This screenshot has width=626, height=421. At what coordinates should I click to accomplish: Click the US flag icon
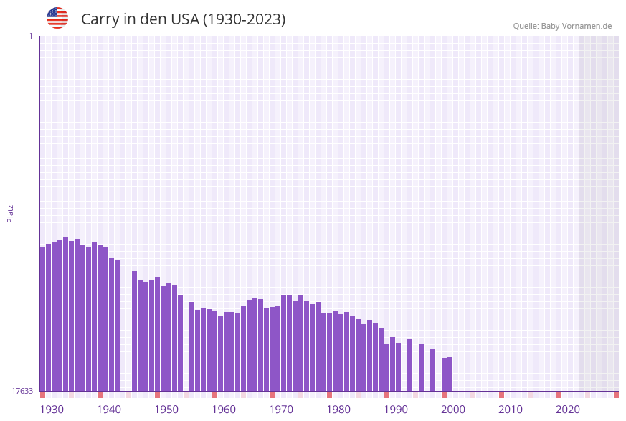tap(57, 18)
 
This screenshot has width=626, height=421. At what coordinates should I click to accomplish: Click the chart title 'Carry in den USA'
tap(183, 19)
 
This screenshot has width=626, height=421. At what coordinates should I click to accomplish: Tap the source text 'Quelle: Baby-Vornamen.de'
tap(562, 26)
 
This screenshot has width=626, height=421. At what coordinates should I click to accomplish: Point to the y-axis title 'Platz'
tap(11, 213)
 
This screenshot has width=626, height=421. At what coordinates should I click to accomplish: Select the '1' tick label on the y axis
tap(30, 36)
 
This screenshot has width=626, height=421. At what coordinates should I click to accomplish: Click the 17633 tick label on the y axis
tap(22, 391)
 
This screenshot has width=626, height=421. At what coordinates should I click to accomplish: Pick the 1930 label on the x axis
tap(52, 410)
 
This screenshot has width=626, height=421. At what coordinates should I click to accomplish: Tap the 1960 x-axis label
tap(224, 410)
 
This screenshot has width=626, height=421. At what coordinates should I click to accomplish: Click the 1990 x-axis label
tap(396, 410)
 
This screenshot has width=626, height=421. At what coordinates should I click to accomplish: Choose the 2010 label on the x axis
tap(511, 410)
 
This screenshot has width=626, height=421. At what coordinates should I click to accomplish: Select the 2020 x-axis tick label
tap(568, 410)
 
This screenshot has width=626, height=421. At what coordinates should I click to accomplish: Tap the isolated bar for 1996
tap(433, 369)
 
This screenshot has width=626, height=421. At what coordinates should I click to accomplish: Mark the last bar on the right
tap(450, 374)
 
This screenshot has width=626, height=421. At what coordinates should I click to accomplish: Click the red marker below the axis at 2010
tap(502, 394)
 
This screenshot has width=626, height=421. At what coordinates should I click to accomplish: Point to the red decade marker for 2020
tap(559, 394)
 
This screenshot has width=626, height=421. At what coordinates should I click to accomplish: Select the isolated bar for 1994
tap(422, 367)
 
